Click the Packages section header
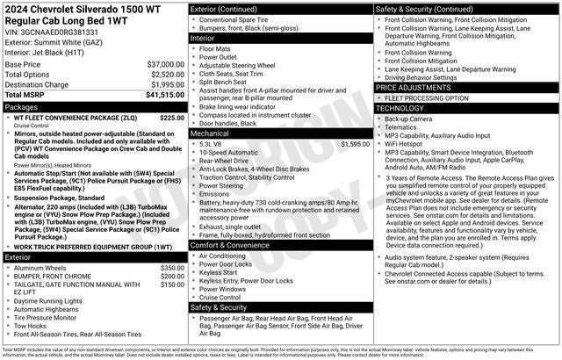[22, 106]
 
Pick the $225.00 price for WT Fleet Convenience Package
[172, 117]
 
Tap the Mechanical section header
[213, 133]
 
